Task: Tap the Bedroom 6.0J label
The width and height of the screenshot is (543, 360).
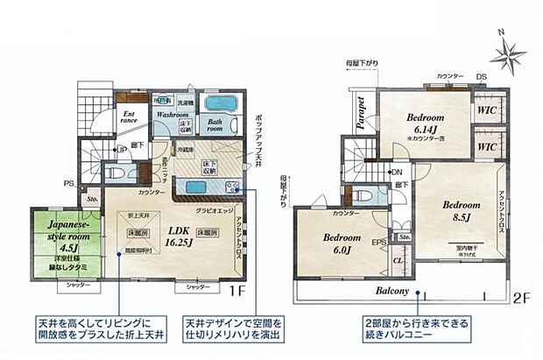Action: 342,243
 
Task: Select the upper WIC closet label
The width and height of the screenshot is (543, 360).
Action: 488,112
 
